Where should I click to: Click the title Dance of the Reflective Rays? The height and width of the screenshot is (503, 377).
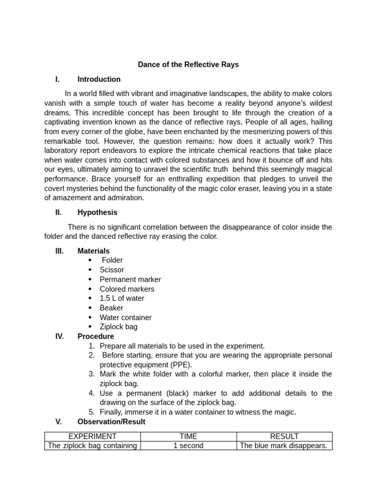tap(188, 65)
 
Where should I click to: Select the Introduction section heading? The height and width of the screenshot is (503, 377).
tap(99, 79)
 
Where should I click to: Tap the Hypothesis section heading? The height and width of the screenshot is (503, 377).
tap(97, 213)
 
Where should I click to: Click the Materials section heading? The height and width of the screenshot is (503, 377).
tap(93, 251)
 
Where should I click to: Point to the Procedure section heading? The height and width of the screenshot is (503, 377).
tap(95, 336)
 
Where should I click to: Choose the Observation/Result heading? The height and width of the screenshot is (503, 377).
tap(111, 421)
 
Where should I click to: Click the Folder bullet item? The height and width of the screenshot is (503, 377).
tap(112, 260)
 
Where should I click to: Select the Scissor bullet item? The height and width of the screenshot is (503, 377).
tap(111, 270)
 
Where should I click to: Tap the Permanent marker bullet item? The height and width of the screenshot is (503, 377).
tap(130, 279)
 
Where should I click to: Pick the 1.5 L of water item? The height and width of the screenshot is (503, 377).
tap(122, 298)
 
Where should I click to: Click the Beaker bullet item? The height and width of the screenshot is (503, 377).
tap(111, 308)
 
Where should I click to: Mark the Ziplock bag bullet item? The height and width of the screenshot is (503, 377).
tap(118, 327)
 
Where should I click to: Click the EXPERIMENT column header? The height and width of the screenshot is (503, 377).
tap(92, 436)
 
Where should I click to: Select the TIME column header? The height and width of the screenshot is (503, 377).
tap(188, 436)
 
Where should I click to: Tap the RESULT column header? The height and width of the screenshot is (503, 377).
tap(284, 436)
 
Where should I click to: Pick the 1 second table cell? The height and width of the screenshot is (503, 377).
tap(188, 446)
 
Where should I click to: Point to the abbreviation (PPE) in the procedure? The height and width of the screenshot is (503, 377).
tap(181, 364)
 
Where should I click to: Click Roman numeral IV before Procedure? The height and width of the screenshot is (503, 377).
tap(59, 336)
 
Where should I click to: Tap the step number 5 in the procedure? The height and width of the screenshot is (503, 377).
tap(92, 412)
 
